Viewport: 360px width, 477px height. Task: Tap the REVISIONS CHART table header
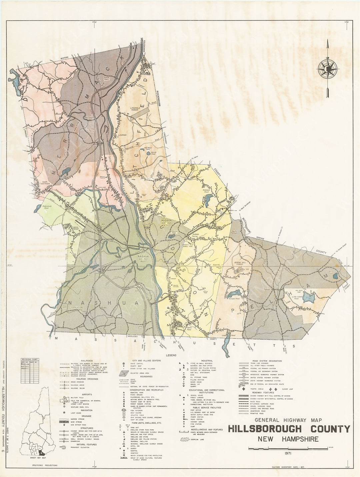click(x=30, y=359)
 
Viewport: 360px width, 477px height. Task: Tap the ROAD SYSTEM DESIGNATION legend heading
click(x=267, y=361)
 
